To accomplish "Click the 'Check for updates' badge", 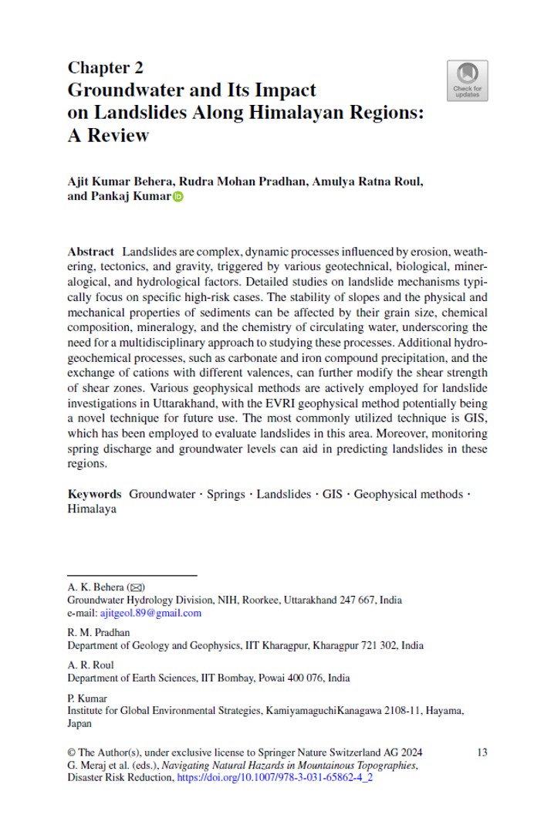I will point(467,81).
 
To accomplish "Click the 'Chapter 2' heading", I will point(105,67).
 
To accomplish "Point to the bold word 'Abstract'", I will point(91,252).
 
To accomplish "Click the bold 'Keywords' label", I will point(94,494).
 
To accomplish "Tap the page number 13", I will point(482,752).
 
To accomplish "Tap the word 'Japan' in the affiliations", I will point(79,723).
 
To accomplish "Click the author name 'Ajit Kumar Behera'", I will point(119,181).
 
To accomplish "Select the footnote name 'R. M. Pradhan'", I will point(98,633).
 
